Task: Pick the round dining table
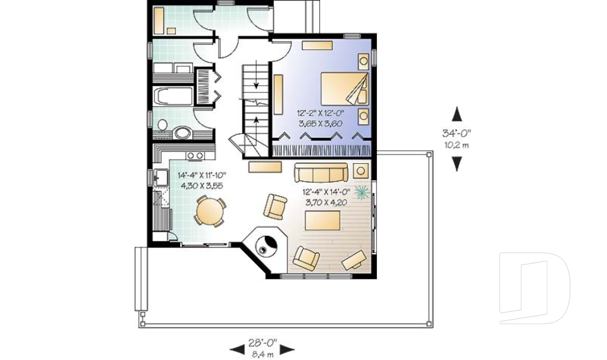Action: [209, 211]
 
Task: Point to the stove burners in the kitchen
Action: [195, 155]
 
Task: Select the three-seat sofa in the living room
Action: [320, 172]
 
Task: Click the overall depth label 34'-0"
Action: [457, 133]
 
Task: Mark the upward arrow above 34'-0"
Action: [457, 115]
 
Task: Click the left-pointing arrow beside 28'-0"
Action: [236, 349]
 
